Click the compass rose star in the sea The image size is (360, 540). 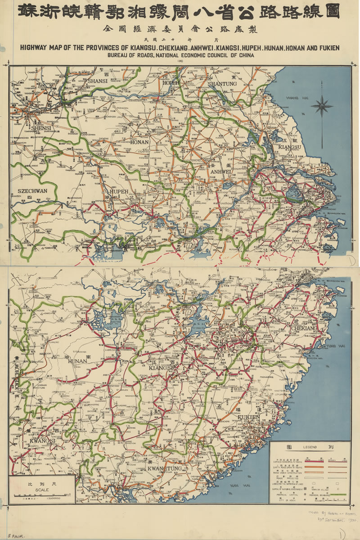tap(322, 107)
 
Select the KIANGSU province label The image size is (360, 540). tap(289, 147)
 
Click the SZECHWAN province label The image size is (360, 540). tap(32, 191)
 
